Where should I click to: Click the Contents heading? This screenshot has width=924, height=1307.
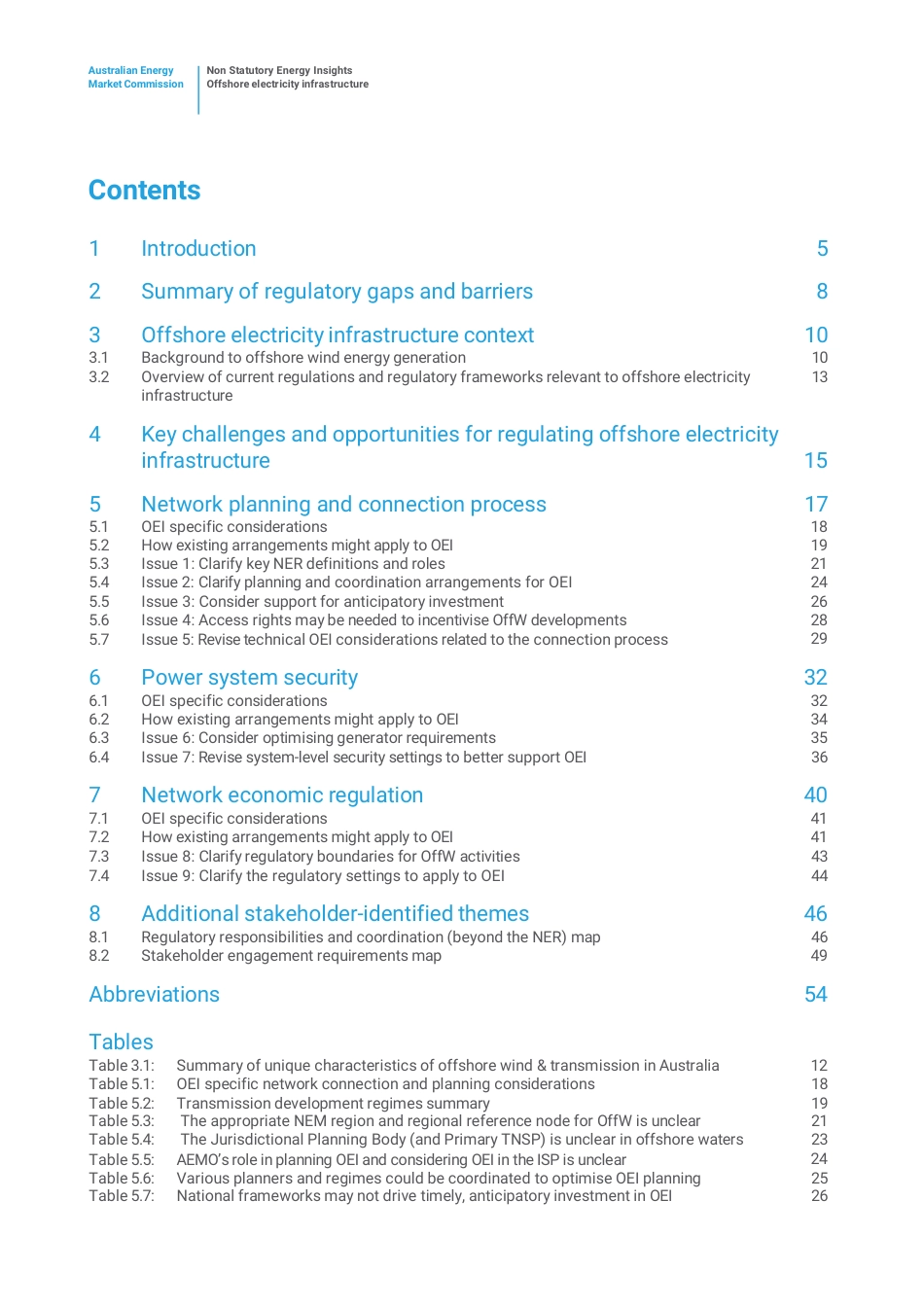(144, 191)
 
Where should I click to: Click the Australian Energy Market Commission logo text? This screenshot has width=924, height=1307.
(135, 77)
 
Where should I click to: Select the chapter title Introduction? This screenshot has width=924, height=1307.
(198, 249)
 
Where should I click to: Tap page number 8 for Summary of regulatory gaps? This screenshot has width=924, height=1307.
(822, 292)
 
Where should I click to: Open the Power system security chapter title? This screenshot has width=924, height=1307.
(249, 678)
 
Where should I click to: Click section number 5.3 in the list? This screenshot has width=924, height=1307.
(99, 564)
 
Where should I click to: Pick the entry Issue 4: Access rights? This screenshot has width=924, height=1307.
(383, 620)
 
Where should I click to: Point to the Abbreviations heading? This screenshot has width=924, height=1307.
(154, 995)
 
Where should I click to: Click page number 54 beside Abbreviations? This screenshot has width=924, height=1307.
(815, 995)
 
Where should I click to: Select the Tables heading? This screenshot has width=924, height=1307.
(121, 1042)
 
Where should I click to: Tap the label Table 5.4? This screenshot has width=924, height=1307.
(122, 1140)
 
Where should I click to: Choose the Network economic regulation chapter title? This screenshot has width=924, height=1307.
(282, 795)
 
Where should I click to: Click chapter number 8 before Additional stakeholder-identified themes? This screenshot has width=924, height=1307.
(94, 914)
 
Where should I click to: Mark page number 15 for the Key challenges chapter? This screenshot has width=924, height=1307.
(815, 461)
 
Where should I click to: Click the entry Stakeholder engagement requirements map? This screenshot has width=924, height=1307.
(291, 956)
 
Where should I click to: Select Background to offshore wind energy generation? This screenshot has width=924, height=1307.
(302, 358)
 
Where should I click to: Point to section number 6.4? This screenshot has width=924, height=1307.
(99, 758)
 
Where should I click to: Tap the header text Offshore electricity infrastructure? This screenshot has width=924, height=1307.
(287, 85)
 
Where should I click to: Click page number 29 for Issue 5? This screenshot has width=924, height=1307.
(819, 639)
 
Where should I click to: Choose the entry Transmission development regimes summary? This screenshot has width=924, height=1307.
(333, 1104)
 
